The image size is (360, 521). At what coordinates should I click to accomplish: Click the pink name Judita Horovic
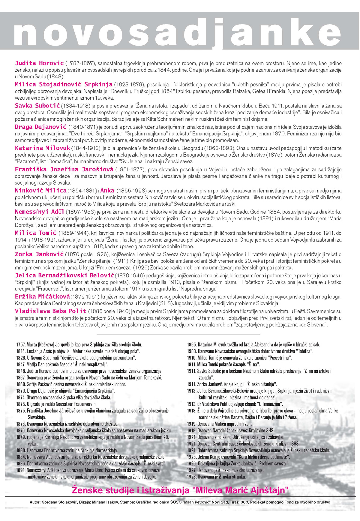pos(39,63)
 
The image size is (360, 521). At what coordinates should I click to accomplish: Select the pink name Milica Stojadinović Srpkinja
pos(64,84)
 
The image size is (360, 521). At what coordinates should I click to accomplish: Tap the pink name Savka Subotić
pos(37,106)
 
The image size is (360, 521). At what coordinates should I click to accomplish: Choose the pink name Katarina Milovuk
pos(43,148)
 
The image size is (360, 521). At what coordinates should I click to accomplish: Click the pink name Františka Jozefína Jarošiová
pos(64,169)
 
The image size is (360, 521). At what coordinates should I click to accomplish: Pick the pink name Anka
pos(107,191)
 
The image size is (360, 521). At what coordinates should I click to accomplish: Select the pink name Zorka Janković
pos(39,254)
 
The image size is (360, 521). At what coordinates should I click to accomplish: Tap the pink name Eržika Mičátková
pos(42,297)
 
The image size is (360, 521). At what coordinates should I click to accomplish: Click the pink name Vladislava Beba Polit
pos(50,311)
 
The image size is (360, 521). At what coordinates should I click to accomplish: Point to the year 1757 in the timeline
pos(21,345)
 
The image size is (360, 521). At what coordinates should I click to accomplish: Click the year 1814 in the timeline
pos(21,351)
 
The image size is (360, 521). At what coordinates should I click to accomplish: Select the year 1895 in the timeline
pos(192,345)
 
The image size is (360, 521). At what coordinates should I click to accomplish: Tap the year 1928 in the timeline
pos(192,477)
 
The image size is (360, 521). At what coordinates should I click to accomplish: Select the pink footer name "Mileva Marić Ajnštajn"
pos(240,490)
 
